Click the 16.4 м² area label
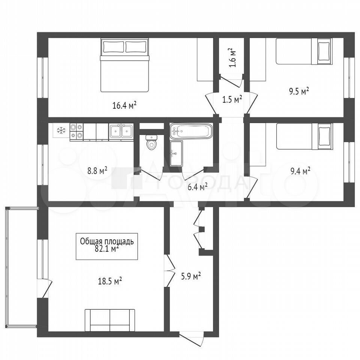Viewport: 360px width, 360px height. (124, 106)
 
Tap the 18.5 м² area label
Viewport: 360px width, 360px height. (110, 281)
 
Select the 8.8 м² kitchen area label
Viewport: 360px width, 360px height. (97, 171)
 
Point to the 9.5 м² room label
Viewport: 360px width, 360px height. (299, 91)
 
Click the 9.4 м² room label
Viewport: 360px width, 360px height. (300, 171)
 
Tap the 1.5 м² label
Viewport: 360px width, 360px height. (232, 100)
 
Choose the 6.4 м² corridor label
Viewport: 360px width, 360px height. (198, 187)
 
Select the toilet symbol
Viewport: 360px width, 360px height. (151, 142)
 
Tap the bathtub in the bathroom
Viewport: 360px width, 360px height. (191, 131)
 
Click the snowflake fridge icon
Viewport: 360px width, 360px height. (61, 131)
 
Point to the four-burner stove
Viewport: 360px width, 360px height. (76, 132)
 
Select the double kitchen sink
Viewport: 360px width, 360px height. (121, 132)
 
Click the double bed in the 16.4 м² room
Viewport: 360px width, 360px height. (124, 66)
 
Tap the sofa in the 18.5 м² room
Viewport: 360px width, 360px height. (110, 320)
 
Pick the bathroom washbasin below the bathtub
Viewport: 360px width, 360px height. (176, 153)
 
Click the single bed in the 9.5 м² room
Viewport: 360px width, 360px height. (304, 51)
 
